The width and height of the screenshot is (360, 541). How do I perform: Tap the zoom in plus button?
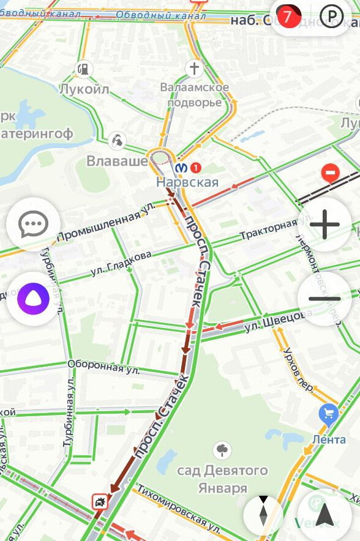(x=324, y=225)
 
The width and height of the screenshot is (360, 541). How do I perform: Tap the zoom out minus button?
(x=324, y=299)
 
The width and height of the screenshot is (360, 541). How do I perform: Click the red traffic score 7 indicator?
(x=288, y=17)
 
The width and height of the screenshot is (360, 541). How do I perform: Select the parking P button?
(x=332, y=17)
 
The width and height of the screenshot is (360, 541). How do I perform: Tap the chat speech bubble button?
(x=33, y=225)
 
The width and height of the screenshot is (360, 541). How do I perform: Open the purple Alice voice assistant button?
(x=33, y=299)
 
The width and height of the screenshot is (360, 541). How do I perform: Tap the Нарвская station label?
(x=187, y=182)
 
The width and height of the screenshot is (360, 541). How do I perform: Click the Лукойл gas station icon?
(x=84, y=69)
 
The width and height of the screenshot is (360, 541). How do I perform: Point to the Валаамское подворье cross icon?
(x=194, y=68)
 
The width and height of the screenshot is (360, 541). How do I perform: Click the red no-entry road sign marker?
(x=330, y=174)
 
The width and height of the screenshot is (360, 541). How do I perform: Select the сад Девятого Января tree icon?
(x=222, y=451)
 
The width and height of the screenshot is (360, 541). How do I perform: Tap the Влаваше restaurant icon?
(x=116, y=141)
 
